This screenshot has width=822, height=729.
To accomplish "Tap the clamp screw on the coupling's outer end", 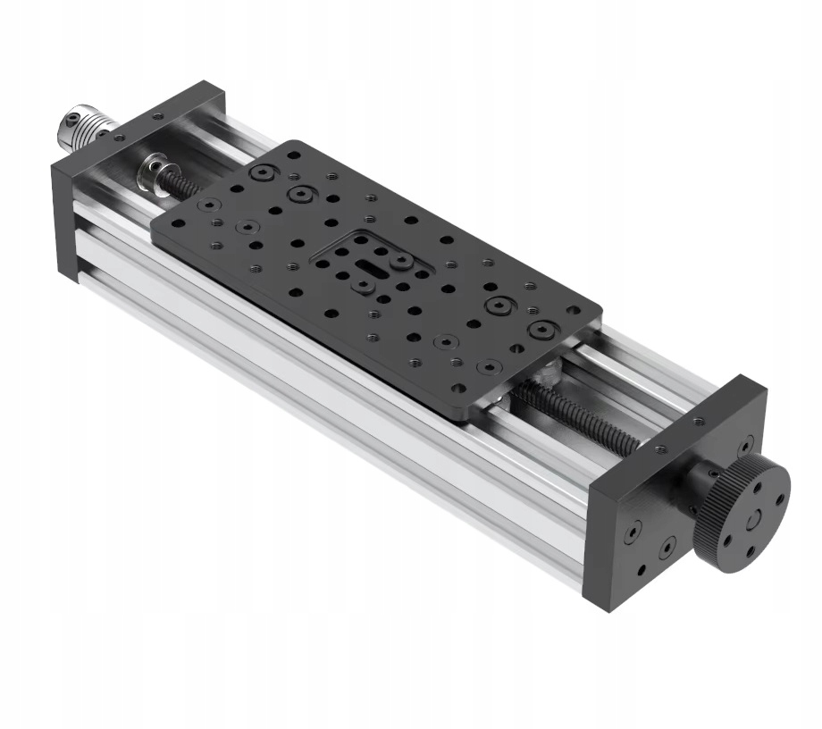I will click(x=69, y=119).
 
